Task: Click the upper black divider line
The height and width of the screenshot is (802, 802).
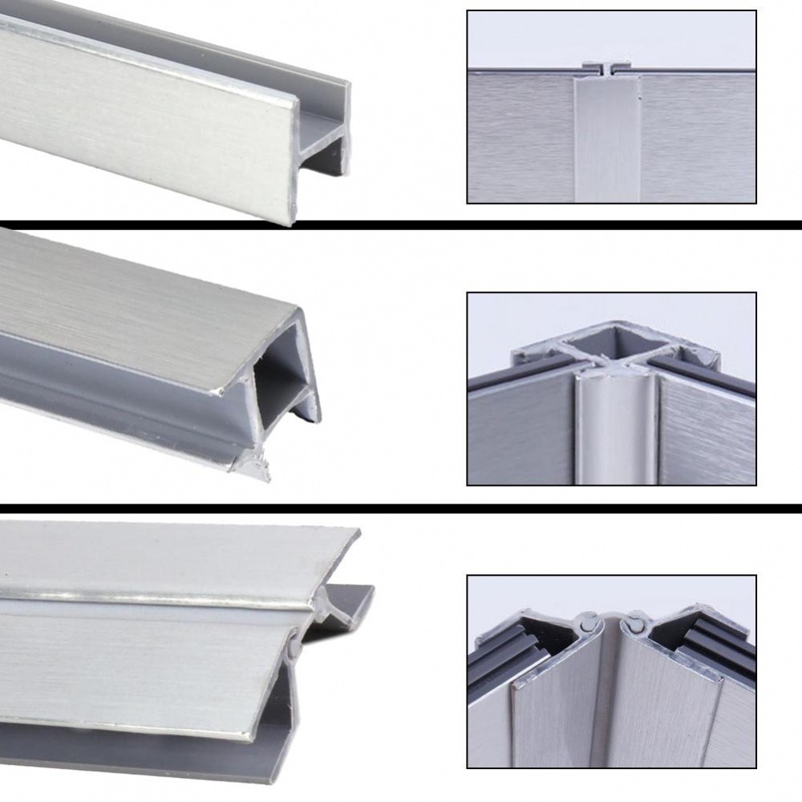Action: point(401,225)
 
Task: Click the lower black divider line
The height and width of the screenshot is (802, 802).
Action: point(401,508)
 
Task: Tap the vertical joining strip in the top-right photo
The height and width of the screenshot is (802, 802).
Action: point(607,136)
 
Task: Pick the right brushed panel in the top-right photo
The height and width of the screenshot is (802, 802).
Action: point(698,136)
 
